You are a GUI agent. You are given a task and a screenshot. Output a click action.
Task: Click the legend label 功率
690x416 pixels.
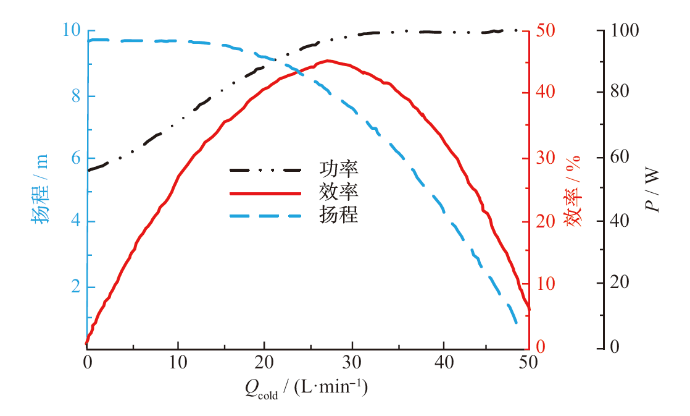tap(338, 169)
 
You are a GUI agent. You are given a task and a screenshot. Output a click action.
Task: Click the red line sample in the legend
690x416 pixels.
tap(265, 193)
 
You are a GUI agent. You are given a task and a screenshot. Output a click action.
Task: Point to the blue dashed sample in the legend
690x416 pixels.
tap(265, 216)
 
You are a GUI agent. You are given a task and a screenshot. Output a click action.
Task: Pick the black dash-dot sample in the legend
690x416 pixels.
tap(265, 169)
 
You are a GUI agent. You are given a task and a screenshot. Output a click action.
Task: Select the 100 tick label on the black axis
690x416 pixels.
tap(624, 30)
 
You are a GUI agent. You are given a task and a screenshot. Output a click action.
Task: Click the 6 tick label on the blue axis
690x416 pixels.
tap(75, 158)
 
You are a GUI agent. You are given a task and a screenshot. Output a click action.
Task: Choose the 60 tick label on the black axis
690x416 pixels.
tap(620, 157)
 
